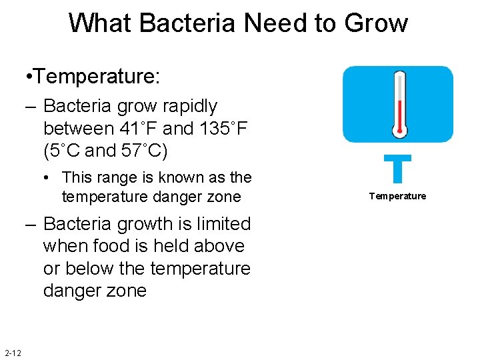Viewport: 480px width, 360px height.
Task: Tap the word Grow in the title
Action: [376, 23]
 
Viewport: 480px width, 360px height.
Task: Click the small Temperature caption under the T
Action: [397, 196]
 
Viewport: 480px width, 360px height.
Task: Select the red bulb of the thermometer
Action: [399, 127]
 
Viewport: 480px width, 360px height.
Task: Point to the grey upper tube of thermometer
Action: [399, 87]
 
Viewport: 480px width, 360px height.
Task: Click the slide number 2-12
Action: [13, 353]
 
